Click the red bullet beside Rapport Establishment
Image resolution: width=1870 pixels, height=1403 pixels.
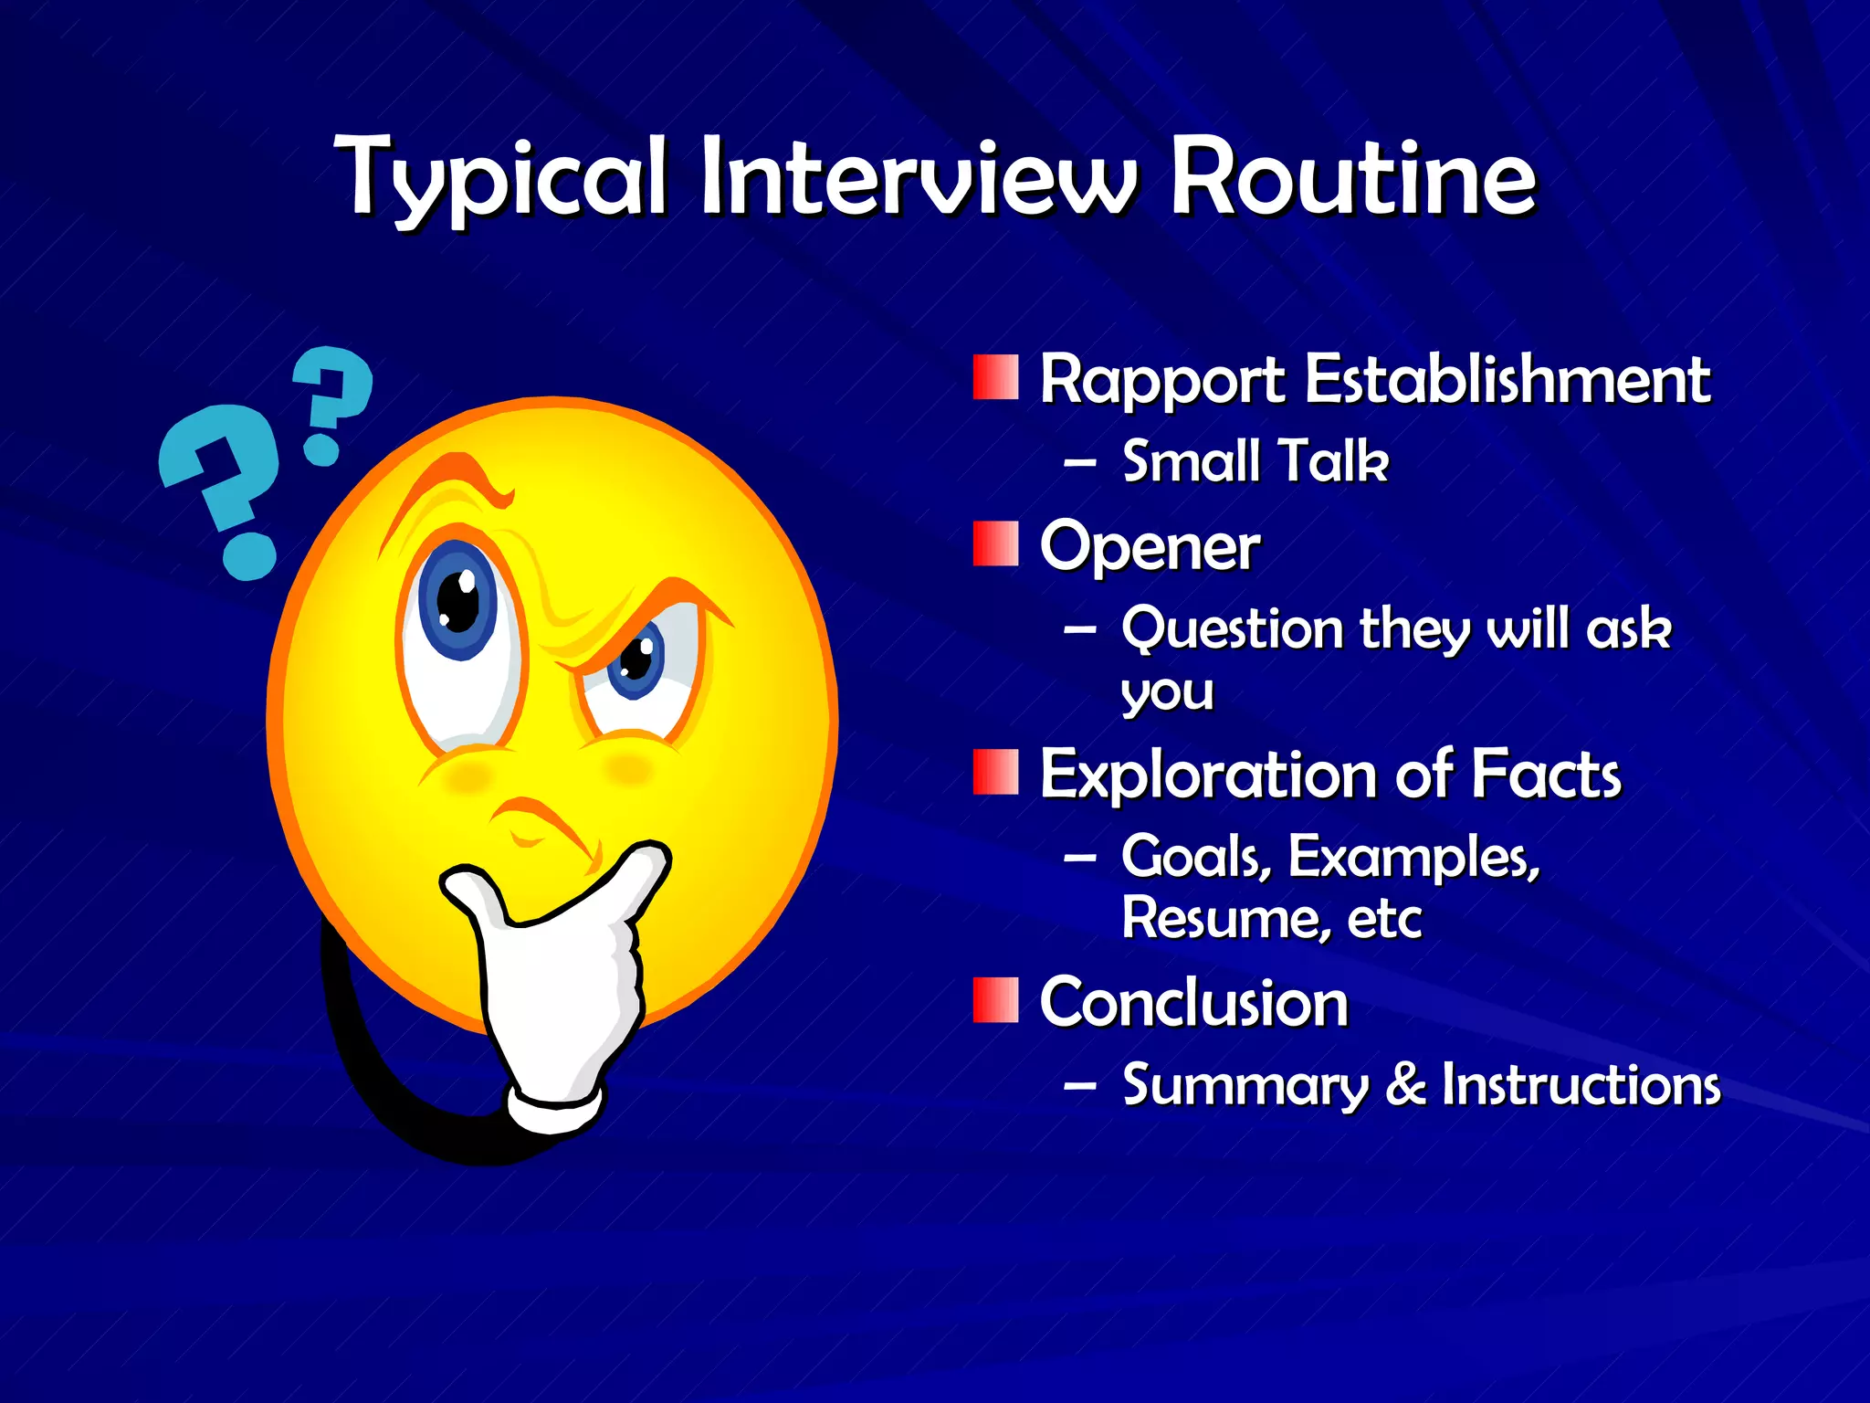995,378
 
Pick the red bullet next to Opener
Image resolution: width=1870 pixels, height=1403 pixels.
995,544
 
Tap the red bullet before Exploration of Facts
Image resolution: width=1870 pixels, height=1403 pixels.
995,773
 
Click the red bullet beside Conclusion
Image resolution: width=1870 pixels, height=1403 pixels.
995,999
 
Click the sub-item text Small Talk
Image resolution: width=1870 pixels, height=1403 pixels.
1255,460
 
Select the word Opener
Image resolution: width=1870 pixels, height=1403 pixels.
1150,547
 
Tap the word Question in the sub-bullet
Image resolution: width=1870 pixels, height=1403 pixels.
1233,630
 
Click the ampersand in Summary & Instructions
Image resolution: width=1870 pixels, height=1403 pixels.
1405,1084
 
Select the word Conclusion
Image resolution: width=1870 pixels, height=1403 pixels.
1193,1003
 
